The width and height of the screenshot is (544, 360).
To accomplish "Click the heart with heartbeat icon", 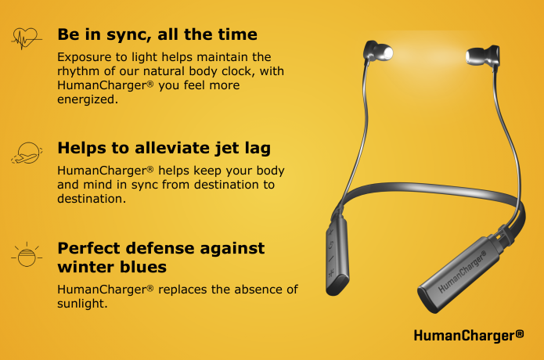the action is coord(26,38).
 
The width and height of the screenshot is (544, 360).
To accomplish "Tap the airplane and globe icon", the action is coord(27,153).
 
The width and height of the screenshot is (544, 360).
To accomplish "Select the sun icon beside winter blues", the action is coord(27,255).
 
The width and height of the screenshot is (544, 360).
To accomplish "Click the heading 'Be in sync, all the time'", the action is coord(157,35).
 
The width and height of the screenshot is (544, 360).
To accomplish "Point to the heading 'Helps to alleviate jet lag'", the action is coord(164,149).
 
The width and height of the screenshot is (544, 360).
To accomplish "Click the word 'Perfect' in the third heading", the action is coord(88,248).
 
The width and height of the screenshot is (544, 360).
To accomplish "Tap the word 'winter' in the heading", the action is coord(85,267).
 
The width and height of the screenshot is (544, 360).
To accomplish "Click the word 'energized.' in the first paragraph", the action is coord(88,99).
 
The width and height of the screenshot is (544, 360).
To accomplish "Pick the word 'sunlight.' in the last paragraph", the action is coord(82,304).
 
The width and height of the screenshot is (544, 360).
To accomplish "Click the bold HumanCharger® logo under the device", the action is coord(469,336).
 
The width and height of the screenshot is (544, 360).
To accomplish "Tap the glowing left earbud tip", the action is coord(386,53).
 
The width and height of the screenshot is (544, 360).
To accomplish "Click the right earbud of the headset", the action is coord(483,55).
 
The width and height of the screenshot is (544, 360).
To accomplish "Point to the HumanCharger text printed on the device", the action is coord(462,272).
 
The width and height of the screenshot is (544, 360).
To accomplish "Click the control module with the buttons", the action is coord(337,257).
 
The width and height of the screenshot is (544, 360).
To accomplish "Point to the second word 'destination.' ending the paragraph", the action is coord(92,199).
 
